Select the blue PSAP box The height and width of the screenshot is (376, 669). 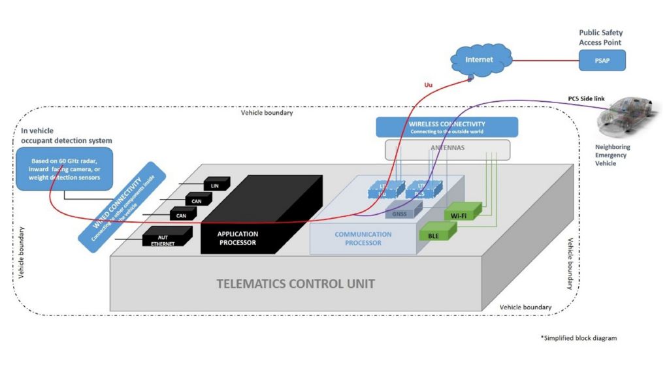pyautogui.click(x=602, y=61)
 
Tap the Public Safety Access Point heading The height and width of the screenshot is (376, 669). pyautogui.click(x=602, y=37)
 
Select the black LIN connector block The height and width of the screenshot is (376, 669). pyautogui.click(x=216, y=185)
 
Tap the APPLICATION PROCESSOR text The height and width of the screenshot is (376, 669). pyautogui.click(x=238, y=238)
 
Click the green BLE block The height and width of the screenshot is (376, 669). pyautogui.click(x=435, y=234)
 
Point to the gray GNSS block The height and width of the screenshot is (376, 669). pyautogui.click(x=400, y=213)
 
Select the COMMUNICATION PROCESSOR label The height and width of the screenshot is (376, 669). pyautogui.click(x=363, y=238)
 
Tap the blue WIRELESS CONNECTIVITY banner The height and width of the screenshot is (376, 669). pyautogui.click(x=447, y=127)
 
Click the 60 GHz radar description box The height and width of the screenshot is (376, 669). pyautogui.click(x=64, y=169)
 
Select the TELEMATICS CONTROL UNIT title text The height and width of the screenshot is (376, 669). pyautogui.click(x=295, y=285)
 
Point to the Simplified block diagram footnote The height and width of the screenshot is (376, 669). pyautogui.click(x=578, y=338)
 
